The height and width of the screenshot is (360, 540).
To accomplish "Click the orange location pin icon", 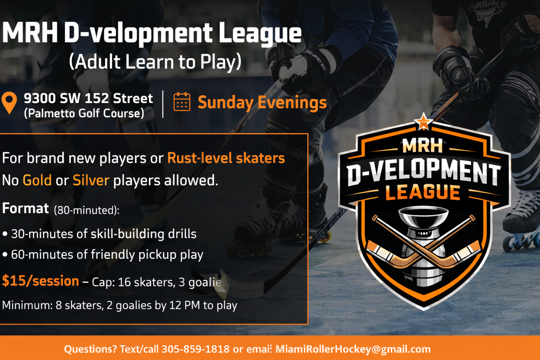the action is pyautogui.click(x=9, y=103).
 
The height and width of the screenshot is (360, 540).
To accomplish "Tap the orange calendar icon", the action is pyautogui.click(x=182, y=102).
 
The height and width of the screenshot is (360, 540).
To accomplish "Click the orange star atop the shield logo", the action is pyautogui.click(x=423, y=122).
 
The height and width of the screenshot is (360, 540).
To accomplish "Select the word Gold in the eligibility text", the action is pyautogui.click(x=37, y=180).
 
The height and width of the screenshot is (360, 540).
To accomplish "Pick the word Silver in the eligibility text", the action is pyautogui.click(x=91, y=180).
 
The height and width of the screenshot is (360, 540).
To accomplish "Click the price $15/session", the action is pyautogui.click(x=40, y=281).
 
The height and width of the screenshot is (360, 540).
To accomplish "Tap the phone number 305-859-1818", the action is pyautogui.click(x=195, y=349).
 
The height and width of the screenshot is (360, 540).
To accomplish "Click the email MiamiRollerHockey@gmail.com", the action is pyautogui.click(x=353, y=349).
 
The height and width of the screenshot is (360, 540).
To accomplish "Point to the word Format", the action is pyautogui.click(x=26, y=208).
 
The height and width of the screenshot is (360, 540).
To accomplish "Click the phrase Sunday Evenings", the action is pyautogui.click(x=262, y=103).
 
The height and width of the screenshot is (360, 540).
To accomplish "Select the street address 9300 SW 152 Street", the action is pyautogui.click(x=88, y=98).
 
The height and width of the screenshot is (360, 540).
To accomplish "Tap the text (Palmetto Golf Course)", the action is pyautogui.click(x=84, y=113).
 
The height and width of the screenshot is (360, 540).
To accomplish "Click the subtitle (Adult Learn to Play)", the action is pyautogui.click(x=155, y=62).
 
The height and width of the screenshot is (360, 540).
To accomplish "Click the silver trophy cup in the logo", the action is pyautogui.click(x=423, y=244).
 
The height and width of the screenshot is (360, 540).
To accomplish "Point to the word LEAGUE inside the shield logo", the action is pyautogui.click(x=423, y=192).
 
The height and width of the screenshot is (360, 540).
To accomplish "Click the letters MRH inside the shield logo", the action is pyautogui.click(x=422, y=146).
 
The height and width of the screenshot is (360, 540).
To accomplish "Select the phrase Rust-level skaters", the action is pyautogui.click(x=226, y=158).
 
